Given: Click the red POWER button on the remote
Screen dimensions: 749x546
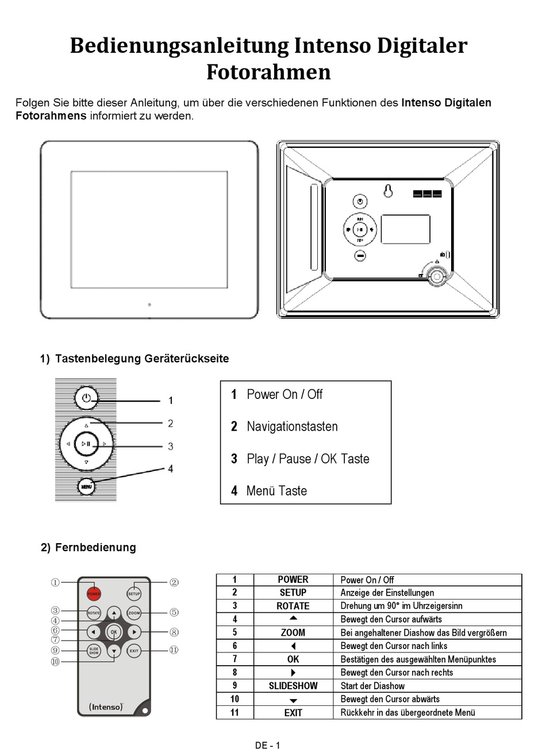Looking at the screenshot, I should (x=94, y=594).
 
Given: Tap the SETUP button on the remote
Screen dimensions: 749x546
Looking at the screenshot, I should (x=134, y=594).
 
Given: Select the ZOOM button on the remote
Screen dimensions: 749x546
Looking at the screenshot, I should (x=134, y=613).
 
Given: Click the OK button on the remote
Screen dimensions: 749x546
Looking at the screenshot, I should (x=114, y=632).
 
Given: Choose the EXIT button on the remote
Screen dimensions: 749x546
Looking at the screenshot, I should (x=134, y=651).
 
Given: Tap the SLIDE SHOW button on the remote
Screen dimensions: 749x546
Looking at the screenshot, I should (x=94, y=651).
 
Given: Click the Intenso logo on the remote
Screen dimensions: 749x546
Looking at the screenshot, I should (x=106, y=707).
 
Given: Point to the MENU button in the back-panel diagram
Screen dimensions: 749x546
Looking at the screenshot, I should (x=86, y=487).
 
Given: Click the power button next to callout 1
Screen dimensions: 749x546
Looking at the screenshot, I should (x=86, y=398).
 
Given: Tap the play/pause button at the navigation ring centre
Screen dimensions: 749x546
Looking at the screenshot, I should (x=86, y=444).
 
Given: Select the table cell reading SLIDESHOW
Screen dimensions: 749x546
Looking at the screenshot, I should (x=293, y=686).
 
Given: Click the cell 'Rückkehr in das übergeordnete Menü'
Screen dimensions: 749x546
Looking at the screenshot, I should (x=408, y=713).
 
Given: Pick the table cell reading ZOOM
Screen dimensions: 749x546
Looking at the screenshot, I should (x=293, y=632).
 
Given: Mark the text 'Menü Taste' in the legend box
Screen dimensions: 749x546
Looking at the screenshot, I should (x=276, y=491).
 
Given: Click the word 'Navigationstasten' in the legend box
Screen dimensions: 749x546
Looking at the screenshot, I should (x=292, y=427).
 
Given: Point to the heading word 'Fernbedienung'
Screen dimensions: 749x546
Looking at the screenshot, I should (x=95, y=547).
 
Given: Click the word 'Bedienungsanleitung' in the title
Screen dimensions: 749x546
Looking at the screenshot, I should (x=179, y=45).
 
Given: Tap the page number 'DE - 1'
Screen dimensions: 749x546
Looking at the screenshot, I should (x=268, y=746).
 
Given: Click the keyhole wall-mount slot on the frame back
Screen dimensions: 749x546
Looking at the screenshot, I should (x=388, y=191).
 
